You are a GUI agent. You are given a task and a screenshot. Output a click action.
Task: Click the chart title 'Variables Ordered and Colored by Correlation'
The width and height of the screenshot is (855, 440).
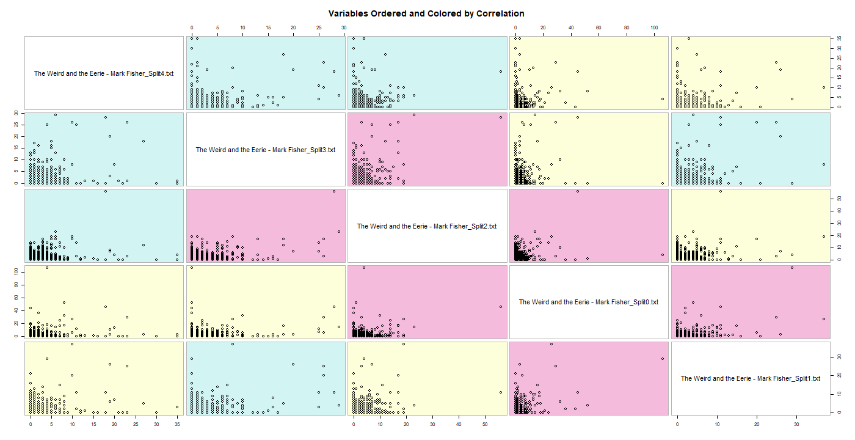point(426,13)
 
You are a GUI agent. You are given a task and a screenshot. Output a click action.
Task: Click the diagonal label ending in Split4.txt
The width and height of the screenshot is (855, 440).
point(104,73)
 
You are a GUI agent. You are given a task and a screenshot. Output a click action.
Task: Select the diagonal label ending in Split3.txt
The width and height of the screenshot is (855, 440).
point(266,150)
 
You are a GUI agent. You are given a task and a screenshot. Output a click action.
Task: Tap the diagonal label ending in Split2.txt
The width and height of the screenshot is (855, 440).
point(427,226)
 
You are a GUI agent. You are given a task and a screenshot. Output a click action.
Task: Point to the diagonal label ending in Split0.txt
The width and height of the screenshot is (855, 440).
point(588,302)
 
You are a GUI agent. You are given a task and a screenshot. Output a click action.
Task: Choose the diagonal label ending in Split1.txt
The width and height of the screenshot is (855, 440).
point(751,378)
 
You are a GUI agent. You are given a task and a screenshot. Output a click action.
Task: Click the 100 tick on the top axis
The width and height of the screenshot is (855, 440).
point(654,28)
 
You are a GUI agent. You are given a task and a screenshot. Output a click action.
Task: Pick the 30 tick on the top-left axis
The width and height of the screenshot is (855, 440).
point(343,28)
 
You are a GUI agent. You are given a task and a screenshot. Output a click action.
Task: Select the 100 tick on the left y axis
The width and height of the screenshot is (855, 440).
point(16,269)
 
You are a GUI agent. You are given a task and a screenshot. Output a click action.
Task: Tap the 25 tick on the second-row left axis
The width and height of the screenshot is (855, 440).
point(16,125)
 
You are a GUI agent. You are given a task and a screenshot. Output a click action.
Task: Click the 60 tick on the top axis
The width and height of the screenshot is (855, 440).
point(598,28)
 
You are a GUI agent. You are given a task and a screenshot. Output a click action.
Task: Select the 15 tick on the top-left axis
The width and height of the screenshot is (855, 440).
point(267,28)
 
